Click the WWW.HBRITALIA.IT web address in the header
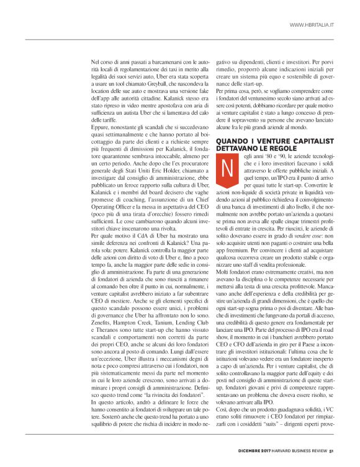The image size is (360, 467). [312, 25]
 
